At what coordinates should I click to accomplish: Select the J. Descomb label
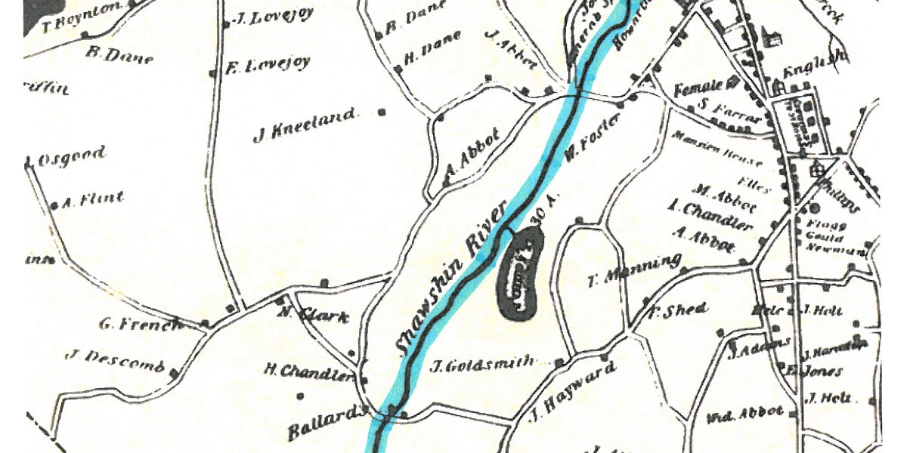pyautogui.click(x=115, y=361)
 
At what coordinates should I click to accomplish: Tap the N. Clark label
pyautogui.click(x=314, y=316)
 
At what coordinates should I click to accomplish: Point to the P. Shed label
pyautogui.click(x=678, y=310)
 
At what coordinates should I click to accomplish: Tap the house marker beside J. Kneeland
pyautogui.click(x=382, y=112)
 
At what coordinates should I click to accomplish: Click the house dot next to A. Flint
pyautogui.click(x=54, y=205)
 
